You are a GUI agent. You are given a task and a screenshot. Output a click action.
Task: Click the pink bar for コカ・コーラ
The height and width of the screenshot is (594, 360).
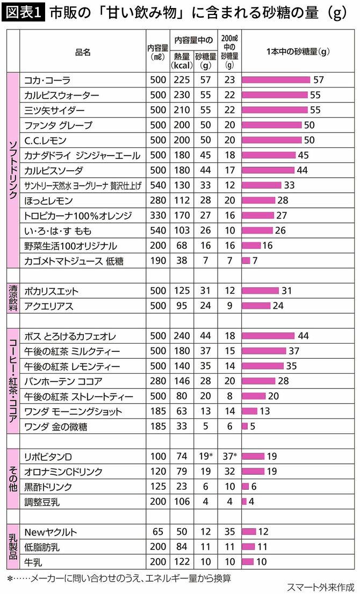(276, 80)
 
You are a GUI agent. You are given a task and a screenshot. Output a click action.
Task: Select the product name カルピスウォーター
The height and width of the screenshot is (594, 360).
(62, 95)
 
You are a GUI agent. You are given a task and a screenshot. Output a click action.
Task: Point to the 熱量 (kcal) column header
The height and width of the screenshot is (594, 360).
(181, 61)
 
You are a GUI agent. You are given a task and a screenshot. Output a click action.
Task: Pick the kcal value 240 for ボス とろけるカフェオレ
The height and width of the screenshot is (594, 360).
(181, 336)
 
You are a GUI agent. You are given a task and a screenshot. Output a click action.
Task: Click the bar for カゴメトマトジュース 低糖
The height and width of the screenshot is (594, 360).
(246, 260)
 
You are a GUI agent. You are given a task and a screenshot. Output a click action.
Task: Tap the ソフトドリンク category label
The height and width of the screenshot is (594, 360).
(13, 170)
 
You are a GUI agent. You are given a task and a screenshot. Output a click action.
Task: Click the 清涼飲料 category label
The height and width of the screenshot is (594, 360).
(13, 299)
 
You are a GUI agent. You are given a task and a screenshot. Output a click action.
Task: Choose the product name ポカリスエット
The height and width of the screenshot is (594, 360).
(52, 291)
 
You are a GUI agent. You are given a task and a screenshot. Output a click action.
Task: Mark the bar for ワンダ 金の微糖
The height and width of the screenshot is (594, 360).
(245, 426)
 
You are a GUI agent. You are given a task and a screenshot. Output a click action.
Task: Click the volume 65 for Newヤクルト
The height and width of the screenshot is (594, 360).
(158, 532)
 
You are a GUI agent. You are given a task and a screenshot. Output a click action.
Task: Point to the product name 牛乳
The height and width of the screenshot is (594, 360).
(33, 562)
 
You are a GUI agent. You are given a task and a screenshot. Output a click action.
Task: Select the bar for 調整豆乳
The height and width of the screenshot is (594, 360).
(244, 502)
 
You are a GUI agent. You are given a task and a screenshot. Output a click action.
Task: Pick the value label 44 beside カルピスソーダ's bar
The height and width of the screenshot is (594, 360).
(303, 170)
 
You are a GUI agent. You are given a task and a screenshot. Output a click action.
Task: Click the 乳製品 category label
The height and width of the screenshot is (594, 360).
(13, 547)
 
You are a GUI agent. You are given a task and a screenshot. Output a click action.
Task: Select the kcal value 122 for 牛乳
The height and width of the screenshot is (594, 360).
(181, 562)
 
